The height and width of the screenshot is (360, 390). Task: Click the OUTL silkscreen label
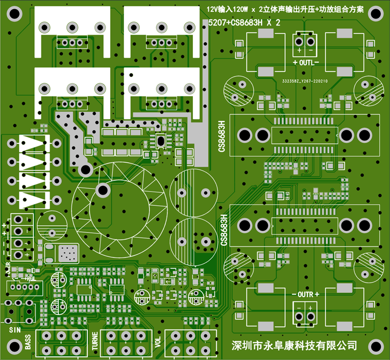click(x=306, y=62)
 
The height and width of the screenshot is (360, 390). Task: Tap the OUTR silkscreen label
click(x=305, y=295)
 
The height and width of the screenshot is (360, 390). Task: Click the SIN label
click(x=16, y=330)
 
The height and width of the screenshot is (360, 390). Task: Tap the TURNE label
click(x=95, y=341)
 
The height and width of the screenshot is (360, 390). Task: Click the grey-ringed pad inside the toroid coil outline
click(x=103, y=190)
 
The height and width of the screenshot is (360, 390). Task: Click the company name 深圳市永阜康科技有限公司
click(x=294, y=346)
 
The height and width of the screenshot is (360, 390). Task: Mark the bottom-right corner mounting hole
click(x=377, y=347)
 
